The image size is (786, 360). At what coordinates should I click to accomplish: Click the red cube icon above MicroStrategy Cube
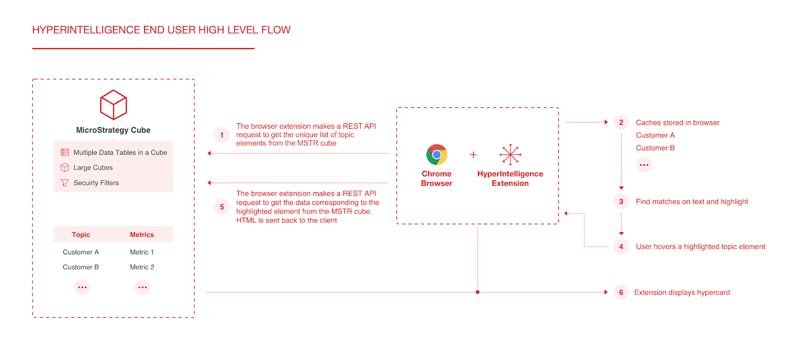(x=113, y=105)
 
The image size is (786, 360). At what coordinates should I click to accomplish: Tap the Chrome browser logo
(x=437, y=155)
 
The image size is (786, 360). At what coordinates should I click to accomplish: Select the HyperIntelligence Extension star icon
(x=510, y=155)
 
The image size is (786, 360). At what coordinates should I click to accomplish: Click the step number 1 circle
(x=222, y=135)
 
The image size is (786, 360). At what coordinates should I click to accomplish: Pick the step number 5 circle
(x=222, y=207)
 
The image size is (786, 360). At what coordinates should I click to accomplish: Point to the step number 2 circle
(x=621, y=122)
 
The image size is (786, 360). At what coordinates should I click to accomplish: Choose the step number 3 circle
(x=621, y=201)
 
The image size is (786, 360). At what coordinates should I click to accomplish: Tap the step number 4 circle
(x=621, y=247)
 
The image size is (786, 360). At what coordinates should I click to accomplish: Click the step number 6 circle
(x=621, y=292)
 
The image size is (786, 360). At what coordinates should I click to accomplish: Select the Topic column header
(x=81, y=235)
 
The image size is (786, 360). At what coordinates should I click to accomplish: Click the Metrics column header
(x=142, y=235)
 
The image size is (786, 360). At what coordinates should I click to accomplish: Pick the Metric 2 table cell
(x=142, y=267)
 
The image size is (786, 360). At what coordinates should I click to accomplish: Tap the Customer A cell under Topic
(x=81, y=252)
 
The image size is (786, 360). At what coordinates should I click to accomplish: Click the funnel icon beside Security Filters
(x=65, y=183)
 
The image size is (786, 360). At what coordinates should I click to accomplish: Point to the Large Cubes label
(x=93, y=167)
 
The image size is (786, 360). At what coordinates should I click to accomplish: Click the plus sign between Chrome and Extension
(x=473, y=155)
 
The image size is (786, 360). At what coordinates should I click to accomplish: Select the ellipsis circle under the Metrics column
(x=142, y=287)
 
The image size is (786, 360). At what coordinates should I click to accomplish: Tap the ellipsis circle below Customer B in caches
(x=644, y=165)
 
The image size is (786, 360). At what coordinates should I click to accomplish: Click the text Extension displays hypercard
(x=682, y=292)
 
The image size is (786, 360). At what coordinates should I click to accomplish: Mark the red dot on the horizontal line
(x=477, y=292)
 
